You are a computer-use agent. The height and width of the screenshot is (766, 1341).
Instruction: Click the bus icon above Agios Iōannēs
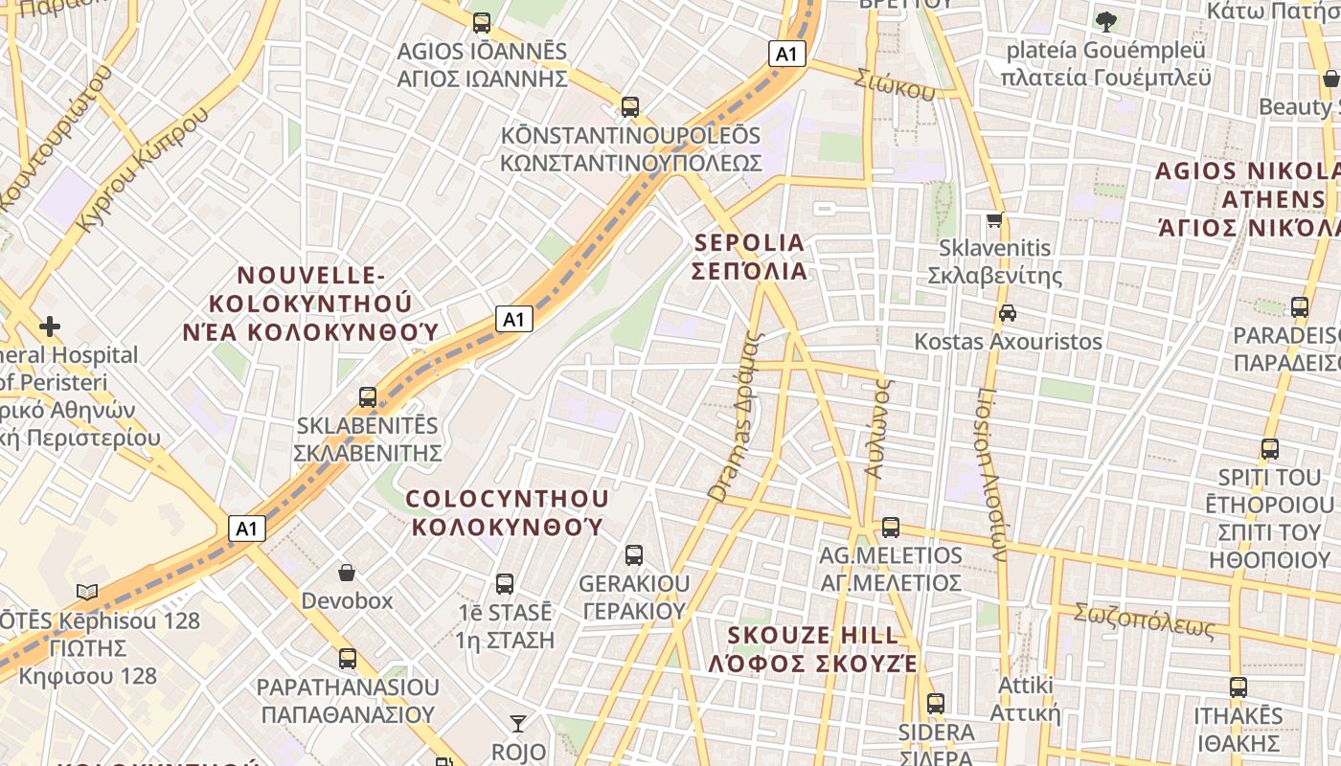coord(482,22)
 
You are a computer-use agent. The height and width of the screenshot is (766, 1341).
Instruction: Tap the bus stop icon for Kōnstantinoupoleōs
coord(629,106)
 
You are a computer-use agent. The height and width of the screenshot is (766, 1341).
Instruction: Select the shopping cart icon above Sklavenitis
coord(995,219)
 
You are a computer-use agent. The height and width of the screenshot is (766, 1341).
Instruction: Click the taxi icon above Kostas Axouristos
coord(1007,312)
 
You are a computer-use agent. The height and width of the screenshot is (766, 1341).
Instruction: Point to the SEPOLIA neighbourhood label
coord(749,257)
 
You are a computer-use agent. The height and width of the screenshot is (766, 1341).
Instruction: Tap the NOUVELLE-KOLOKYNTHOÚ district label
coord(310,304)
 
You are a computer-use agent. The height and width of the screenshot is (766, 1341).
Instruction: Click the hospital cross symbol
coord(50,327)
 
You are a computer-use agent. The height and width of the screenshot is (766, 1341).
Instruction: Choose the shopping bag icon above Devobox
coord(347,573)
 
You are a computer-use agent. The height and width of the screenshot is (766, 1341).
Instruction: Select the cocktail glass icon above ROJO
coord(518,723)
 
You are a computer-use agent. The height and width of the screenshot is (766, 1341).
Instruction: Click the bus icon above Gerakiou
coord(633,554)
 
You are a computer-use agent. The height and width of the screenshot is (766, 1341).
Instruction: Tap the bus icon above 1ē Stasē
coord(505,582)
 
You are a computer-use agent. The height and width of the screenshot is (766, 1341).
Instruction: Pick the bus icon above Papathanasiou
coord(348,659)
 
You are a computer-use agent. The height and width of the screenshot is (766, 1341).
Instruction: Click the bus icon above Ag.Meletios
coord(891,527)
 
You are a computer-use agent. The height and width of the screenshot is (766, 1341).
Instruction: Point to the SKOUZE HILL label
coord(813,649)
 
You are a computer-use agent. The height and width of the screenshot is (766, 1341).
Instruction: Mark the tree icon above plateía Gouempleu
coord(1105,20)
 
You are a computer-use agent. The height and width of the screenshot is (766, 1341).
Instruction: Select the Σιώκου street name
coord(896,85)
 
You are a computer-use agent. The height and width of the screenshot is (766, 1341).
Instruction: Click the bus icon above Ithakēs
coord(1238,687)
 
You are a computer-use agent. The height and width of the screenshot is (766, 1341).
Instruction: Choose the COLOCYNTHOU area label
coord(507,512)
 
